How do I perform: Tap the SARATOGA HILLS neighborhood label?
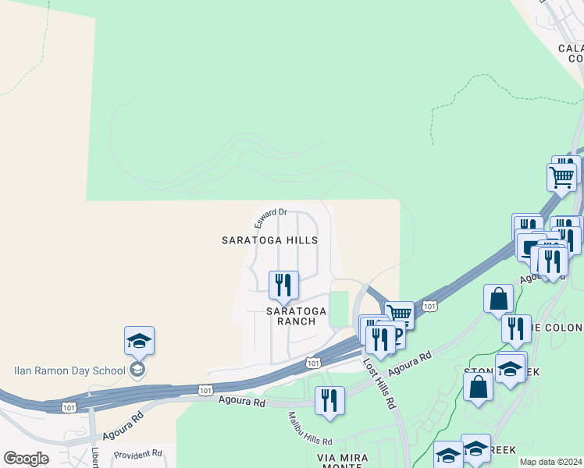pyautogui.click(x=269, y=240)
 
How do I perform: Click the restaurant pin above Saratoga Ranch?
pyautogui.click(x=283, y=285)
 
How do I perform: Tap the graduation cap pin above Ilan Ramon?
pyautogui.click(x=139, y=341)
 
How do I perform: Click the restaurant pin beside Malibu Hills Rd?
pyautogui.click(x=329, y=401)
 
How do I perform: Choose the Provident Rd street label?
pyautogui.click(x=137, y=453)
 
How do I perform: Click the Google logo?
pyautogui.click(x=26, y=459)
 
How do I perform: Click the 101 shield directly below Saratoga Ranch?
pyautogui.click(x=312, y=363)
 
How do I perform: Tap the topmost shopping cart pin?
pyautogui.click(x=561, y=177)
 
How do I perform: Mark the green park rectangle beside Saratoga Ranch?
pyautogui.click(x=339, y=309)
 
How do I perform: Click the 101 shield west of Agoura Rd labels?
pyautogui.click(x=205, y=388)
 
